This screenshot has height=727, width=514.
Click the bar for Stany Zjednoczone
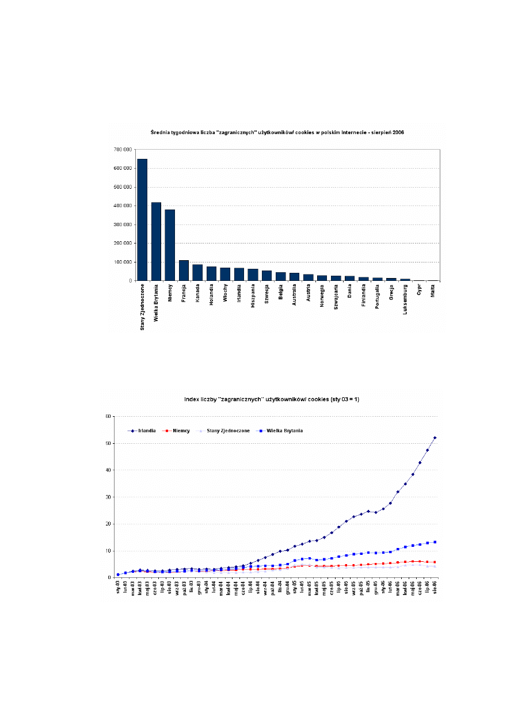click(x=142, y=219)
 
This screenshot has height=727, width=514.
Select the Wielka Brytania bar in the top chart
click(x=156, y=241)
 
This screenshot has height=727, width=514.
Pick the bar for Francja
click(x=184, y=270)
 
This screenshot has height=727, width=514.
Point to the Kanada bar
click(x=197, y=272)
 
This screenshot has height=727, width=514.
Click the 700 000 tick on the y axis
click(x=123, y=150)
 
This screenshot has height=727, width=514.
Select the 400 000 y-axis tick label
click(x=123, y=205)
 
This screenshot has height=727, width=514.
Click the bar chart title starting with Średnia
click(x=277, y=132)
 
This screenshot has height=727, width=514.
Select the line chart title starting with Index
click(x=272, y=399)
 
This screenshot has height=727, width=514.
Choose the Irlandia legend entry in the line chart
click(x=144, y=431)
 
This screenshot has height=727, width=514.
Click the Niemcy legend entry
click(x=178, y=431)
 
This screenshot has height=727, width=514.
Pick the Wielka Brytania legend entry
click(x=282, y=431)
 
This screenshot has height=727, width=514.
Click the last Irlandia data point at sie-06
click(x=435, y=437)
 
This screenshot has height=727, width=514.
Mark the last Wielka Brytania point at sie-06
click(x=435, y=542)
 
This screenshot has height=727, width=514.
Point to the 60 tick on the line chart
click(x=108, y=416)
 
